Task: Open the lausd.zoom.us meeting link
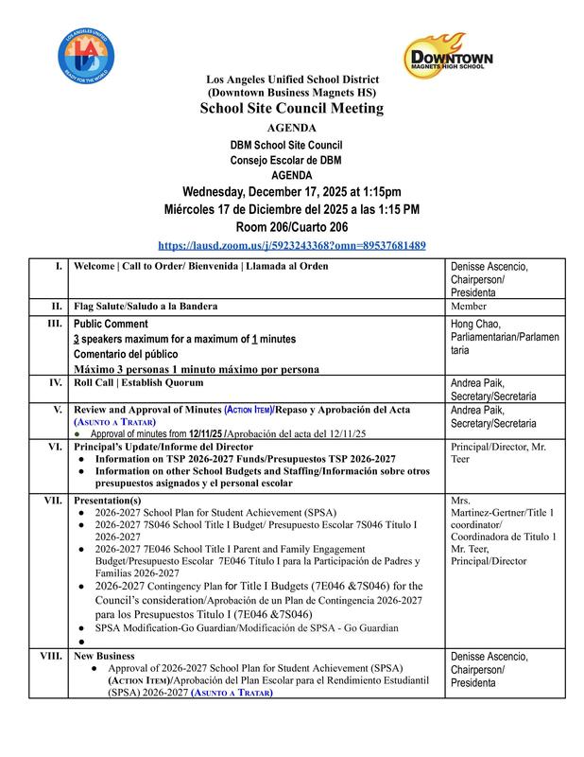tap(292, 244)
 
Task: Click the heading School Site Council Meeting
tap(291, 109)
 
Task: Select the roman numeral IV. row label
tap(56, 383)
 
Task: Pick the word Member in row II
tap(471, 307)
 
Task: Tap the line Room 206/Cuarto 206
tap(291, 226)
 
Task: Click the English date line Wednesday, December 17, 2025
tap(291, 190)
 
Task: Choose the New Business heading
tap(104, 655)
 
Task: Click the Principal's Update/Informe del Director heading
tap(166, 446)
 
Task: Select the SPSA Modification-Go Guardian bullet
tap(246, 627)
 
